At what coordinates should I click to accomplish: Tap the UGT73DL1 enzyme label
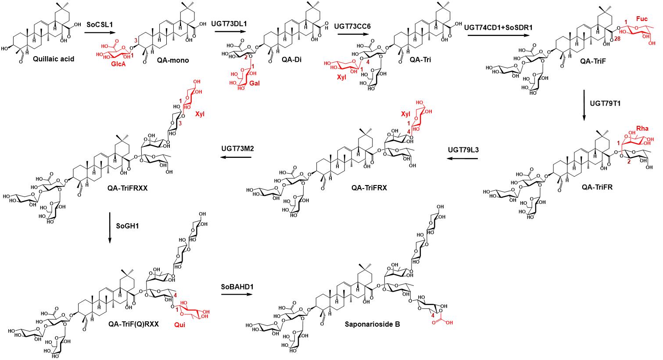click(229, 24)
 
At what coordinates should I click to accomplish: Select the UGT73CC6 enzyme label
click(352, 26)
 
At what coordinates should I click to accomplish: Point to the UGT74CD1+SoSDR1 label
click(498, 28)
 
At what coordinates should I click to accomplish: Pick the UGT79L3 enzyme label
click(463, 150)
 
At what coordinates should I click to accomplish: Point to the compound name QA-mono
click(173, 60)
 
